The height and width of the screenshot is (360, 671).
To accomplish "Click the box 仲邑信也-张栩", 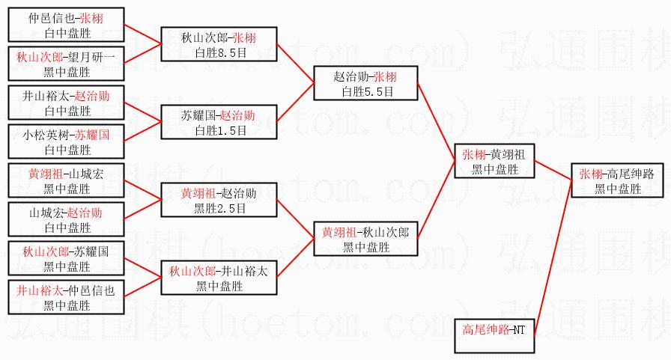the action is (x=66, y=25).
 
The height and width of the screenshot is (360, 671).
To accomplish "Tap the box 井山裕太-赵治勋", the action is (x=66, y=103).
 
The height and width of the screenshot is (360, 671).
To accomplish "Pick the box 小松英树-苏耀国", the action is (x=66, y=141).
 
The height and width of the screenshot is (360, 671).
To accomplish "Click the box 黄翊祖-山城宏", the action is (x=66, y=180).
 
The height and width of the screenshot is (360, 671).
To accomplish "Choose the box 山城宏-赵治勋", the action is (x=66, y=220).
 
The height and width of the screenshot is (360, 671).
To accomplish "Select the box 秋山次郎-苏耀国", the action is (x=66, y=258).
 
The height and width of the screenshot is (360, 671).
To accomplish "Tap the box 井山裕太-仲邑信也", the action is (x=66, y=298).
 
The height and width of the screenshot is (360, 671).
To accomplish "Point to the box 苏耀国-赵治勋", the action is (x=219, y=122).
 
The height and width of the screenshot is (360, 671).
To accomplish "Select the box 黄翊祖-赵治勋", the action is (x=219, y=200).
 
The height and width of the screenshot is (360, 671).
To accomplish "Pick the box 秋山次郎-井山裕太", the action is (x=219, y=278).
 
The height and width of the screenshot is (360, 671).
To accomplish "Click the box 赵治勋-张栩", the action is (x=365, y=83).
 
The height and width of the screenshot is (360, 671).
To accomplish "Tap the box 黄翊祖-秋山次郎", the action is (x=365, y=239).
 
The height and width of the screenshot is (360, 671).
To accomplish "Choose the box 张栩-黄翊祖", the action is (x=494, y=161).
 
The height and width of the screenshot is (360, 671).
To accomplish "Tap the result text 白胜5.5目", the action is (x=365, y=91).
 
